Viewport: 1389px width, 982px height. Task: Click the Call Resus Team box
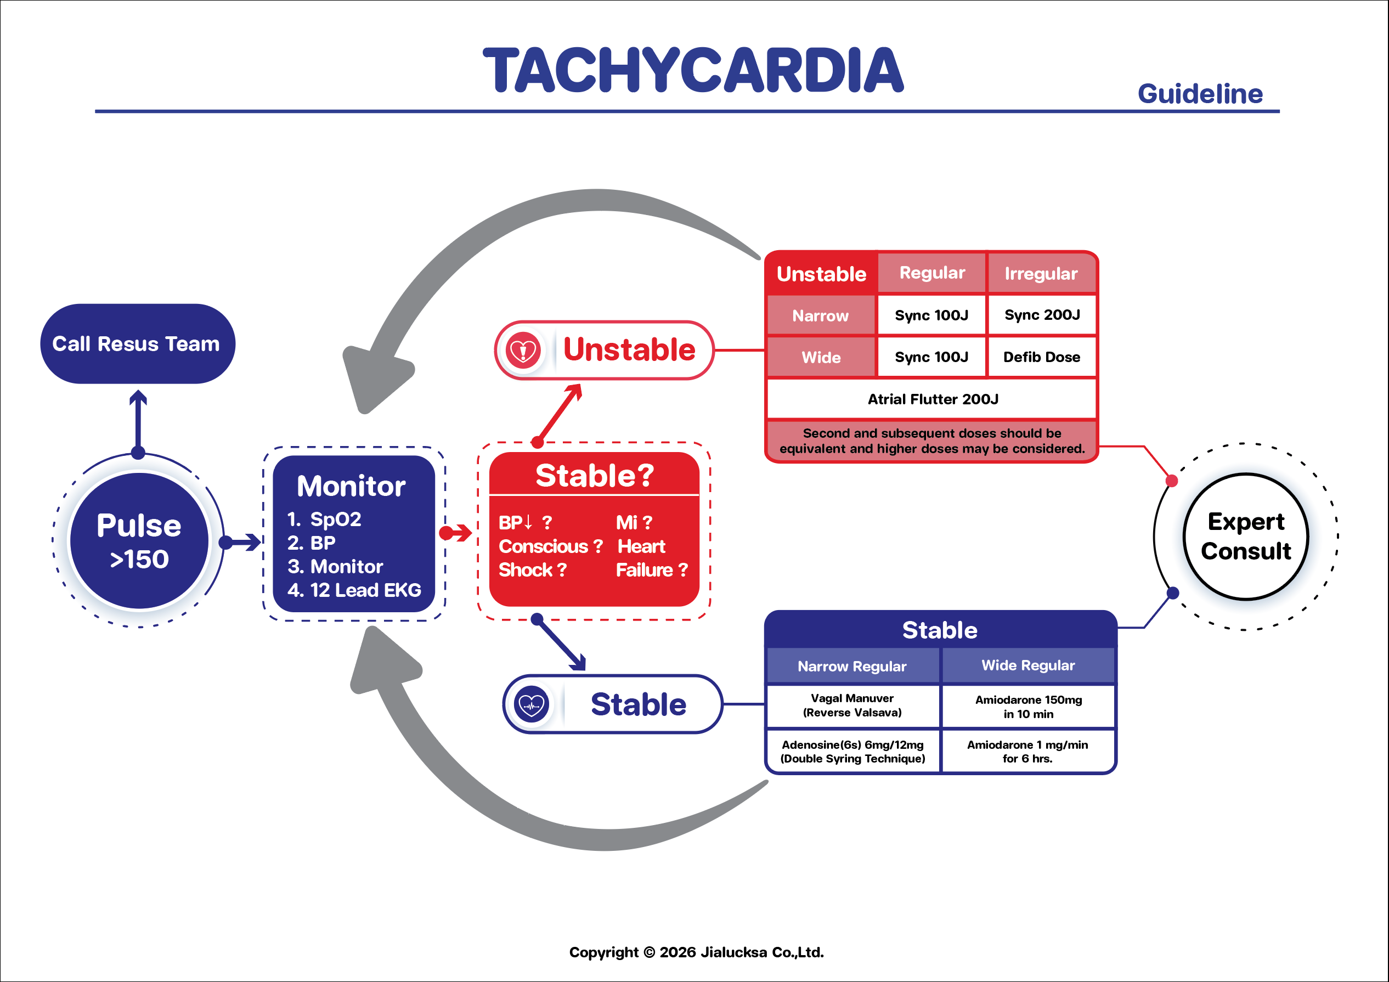(x=137, y=343)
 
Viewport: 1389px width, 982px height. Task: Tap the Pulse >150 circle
(x=139, y=540)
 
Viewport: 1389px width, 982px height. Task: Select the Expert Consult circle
(x=1246, y=537)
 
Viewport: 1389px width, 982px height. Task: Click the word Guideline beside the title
(x=1200, y=94)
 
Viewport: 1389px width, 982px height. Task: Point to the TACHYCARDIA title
(x=693, y=70)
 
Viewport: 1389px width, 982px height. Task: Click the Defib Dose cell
(x=1042, y=357)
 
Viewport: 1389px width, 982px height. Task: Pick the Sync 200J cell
(x=1042, y=315)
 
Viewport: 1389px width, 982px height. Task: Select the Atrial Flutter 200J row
(x=931, y=399)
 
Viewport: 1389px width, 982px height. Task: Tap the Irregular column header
(x=1041, y=274)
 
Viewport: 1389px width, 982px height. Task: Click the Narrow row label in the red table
(x=820, y=315)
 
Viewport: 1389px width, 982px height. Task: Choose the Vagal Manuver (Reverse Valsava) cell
(x=852, y=706)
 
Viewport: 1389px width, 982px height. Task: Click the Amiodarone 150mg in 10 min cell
(x=1029, y=706)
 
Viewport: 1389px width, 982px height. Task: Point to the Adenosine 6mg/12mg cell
(x=852, y=752)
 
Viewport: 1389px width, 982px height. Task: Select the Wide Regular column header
(x=1029, y=665)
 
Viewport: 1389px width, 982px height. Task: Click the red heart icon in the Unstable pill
(x=523, y=349)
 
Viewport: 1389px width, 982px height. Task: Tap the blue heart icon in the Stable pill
(x=531, y=704)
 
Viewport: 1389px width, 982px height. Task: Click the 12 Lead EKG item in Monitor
(x=354, y=590)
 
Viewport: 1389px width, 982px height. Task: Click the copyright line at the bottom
(x=696, y=952)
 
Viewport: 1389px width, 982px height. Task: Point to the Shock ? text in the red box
(x=532, y=570)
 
